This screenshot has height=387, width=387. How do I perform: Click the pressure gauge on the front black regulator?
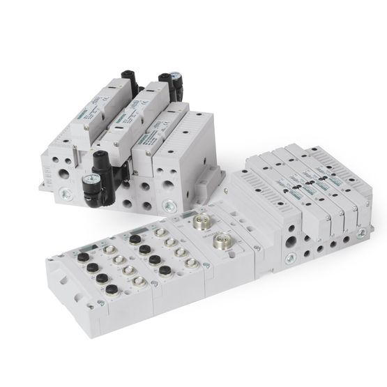(x=90, y=185)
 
